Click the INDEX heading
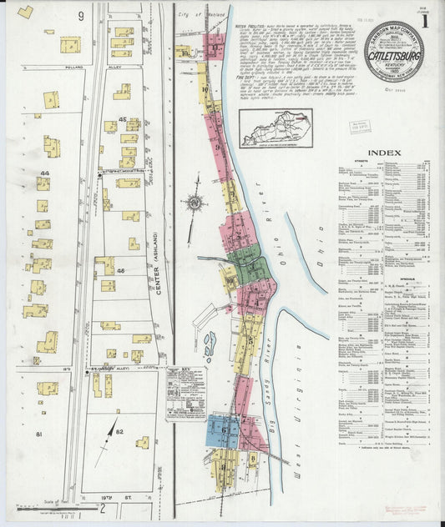point(382,153)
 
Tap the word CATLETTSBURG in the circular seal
point(393,58)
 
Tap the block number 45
point(121,121)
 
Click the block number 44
point(44,172)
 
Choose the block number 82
point(119,431)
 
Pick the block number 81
point(38,434)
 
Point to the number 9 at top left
point(82,16)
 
